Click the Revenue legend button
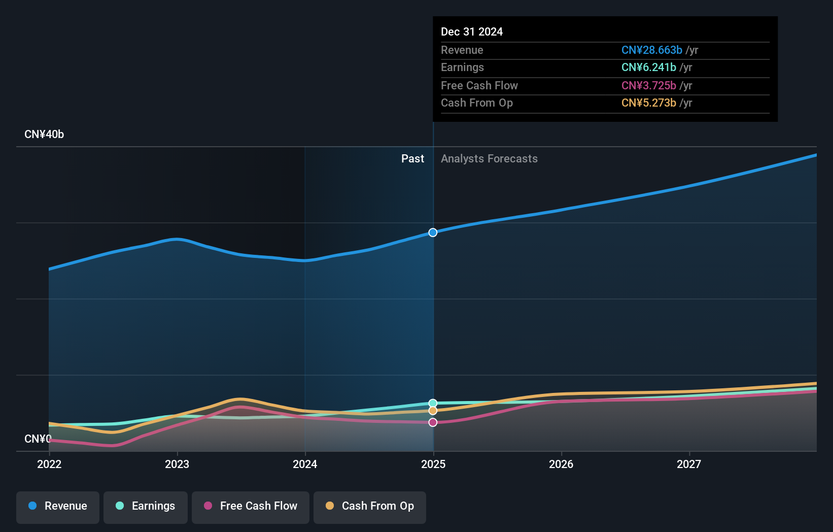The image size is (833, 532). point(58,507)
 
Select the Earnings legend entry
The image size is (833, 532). point(146,507)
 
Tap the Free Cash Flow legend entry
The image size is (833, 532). point(251,507)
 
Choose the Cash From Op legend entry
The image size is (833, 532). point(370,507)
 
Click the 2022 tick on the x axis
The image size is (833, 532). point(49,464)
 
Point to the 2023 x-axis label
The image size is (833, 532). point(177,464)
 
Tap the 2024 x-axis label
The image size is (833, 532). point(305,464)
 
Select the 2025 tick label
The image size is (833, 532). point(433,464)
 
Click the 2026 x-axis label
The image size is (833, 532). point(561,464)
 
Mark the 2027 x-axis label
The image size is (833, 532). point(689,464)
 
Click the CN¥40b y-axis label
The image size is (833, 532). point(44,135)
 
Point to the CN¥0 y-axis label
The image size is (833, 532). point(38,439)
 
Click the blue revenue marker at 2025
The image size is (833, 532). point(433,232)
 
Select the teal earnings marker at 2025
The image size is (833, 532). point(433,403)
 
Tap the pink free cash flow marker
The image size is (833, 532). point(433,422)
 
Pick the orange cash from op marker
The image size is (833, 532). point(433,411)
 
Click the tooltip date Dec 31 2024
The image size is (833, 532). point(472,32)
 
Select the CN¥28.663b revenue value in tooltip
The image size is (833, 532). point(651,50)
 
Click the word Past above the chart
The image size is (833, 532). point(412,159)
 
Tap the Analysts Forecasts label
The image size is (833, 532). point(489,159)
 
